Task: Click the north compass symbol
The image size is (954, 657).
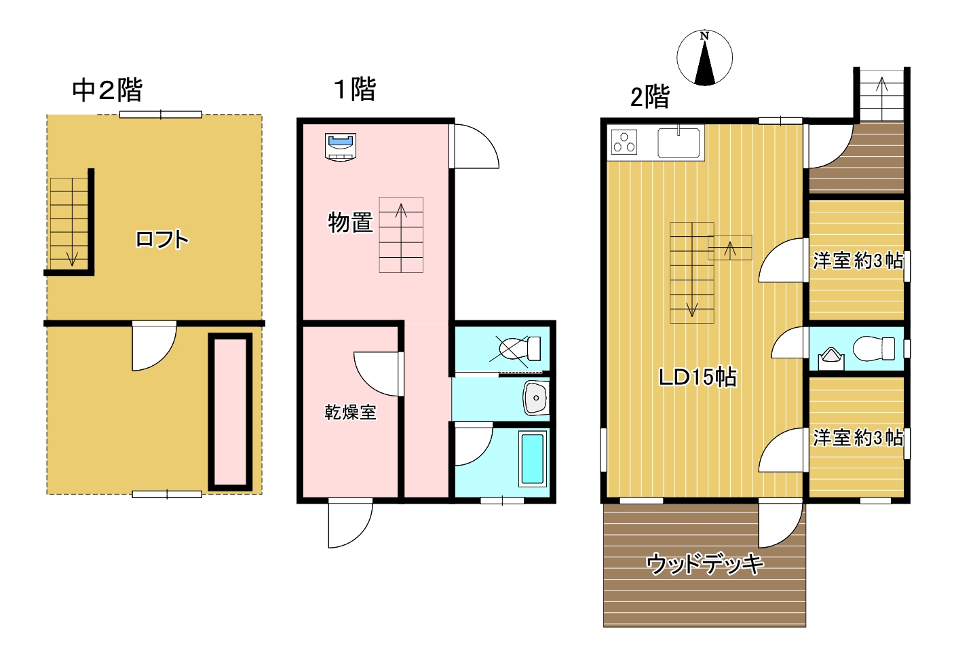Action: coord(704,58)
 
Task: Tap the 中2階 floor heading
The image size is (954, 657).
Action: coord(107,90)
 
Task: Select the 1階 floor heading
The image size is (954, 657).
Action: coord(356,89)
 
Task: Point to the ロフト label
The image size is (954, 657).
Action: coord(162,239)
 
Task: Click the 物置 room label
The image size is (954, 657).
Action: coord(351,223)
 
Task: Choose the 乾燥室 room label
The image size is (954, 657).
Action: coord(351,412)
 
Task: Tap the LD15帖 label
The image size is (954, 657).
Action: coord(698,377)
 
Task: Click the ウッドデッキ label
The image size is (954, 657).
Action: coord(705,564)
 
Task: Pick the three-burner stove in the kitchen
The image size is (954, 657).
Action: coord(624,142)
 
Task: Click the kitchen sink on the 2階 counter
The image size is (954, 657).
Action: coord(679,143)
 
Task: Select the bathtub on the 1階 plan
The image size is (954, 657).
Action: coord(533,459)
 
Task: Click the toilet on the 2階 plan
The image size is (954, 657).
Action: coord(873,349)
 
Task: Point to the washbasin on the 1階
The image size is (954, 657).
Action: coord(536,398)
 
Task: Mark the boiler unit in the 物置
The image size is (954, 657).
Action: coord(341,147)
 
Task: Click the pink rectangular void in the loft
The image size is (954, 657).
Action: coord(230,412)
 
